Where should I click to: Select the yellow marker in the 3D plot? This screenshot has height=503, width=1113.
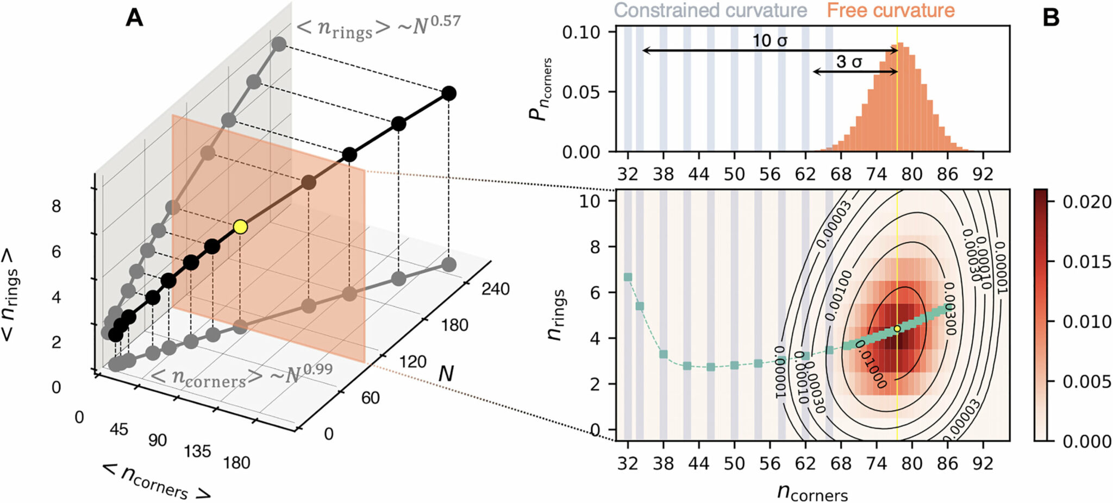[x=240, y=227]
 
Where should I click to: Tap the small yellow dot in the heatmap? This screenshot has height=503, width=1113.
[x=897, y=329]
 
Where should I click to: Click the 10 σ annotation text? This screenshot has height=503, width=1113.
[x=770, y=40]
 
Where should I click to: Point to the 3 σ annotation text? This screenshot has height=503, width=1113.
[x=849, y=61]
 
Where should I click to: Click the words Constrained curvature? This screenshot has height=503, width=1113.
[x=710, y=10]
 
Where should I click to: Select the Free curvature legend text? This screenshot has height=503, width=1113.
[x=890, y=10]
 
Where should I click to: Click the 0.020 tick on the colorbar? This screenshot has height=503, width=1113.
[x=1079, y=202]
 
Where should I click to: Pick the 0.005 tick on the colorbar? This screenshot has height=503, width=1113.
[x=1079, y=381]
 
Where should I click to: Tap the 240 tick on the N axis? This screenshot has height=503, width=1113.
[x=495, y=288]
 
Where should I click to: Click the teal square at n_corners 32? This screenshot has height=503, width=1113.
[x=628, y=277]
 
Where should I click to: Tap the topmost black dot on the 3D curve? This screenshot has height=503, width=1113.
[x=448, y=93]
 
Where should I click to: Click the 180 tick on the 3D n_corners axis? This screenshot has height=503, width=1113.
[x=236, y=462]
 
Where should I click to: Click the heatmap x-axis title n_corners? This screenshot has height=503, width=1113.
[x=812, y=492]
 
